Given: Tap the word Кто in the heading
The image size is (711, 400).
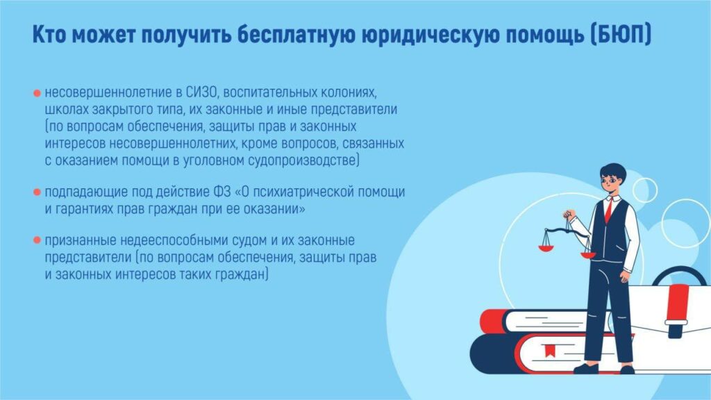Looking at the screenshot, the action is click(x=49, y=35).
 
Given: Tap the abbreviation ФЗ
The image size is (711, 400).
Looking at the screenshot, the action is click(x=221, y=192).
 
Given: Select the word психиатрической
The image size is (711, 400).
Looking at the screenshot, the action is click(x=303, y=192).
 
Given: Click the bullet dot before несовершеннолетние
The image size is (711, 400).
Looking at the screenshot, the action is click(x=37, y=94).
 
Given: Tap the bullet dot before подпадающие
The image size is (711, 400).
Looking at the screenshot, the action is click(x=37, y=192).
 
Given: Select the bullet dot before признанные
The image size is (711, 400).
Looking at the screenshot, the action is click(x=37, y=240).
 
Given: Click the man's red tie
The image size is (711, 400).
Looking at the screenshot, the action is click(x=608, y=210).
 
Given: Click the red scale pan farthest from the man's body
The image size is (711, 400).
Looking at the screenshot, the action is click(x=546, y=248).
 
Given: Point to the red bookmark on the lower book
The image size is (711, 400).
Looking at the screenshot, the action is click(x=550, y=350).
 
